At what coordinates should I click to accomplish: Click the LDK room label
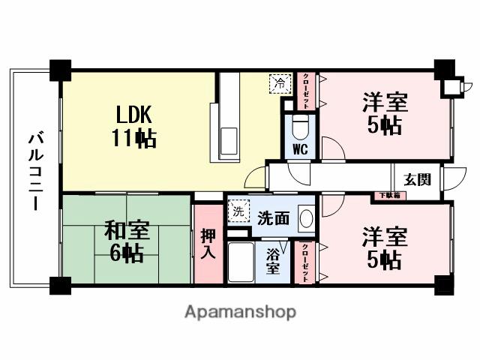click(x=134, y=115)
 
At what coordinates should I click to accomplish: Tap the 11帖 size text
click(x=135, y=139)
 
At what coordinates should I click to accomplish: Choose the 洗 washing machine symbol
click(x=238, y=211)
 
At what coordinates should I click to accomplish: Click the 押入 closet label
click(x=208, y=244)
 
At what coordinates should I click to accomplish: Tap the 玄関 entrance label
click(x=416, y=179)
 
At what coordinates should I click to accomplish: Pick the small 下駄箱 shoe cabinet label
click(x=388, y=196)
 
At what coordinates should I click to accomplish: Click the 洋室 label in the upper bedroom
click(x=385, y=100)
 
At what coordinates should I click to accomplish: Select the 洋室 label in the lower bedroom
click(x=385, y=236)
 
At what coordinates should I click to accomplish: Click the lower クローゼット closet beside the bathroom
click(x=307, y=262)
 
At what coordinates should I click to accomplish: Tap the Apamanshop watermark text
click(x=240, y=312)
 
